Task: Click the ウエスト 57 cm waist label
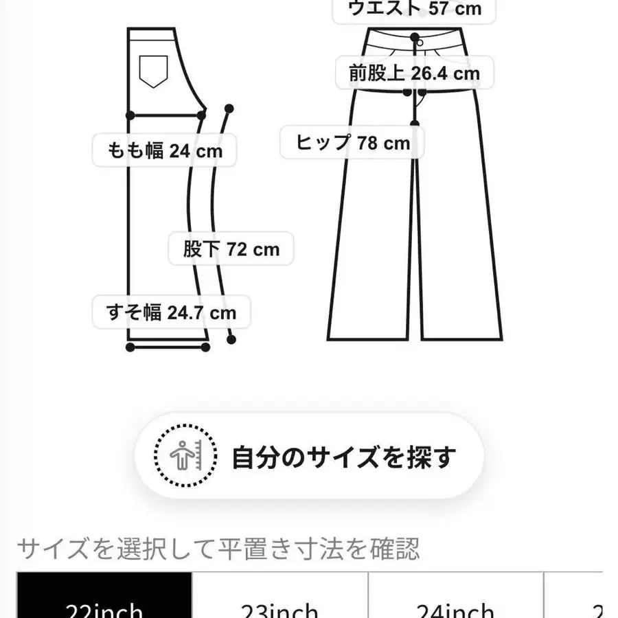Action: tap(415, 9)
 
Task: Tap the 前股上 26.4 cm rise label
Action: tap(414, 73)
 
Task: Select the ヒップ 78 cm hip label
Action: tap(353, 143)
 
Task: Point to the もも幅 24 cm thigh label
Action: tap(165, 151)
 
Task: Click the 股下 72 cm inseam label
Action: tap(231, 249)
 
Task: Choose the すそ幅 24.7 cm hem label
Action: tap(171, 312)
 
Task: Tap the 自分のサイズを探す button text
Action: tap(343, 457)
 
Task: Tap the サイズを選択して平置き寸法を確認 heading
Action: tap(218, 549)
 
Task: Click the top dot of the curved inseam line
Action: tap(229, 108)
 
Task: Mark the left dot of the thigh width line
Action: tap(130, 115)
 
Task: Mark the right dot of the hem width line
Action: tap(206, 348)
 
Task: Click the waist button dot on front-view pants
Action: tap(415, 36)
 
